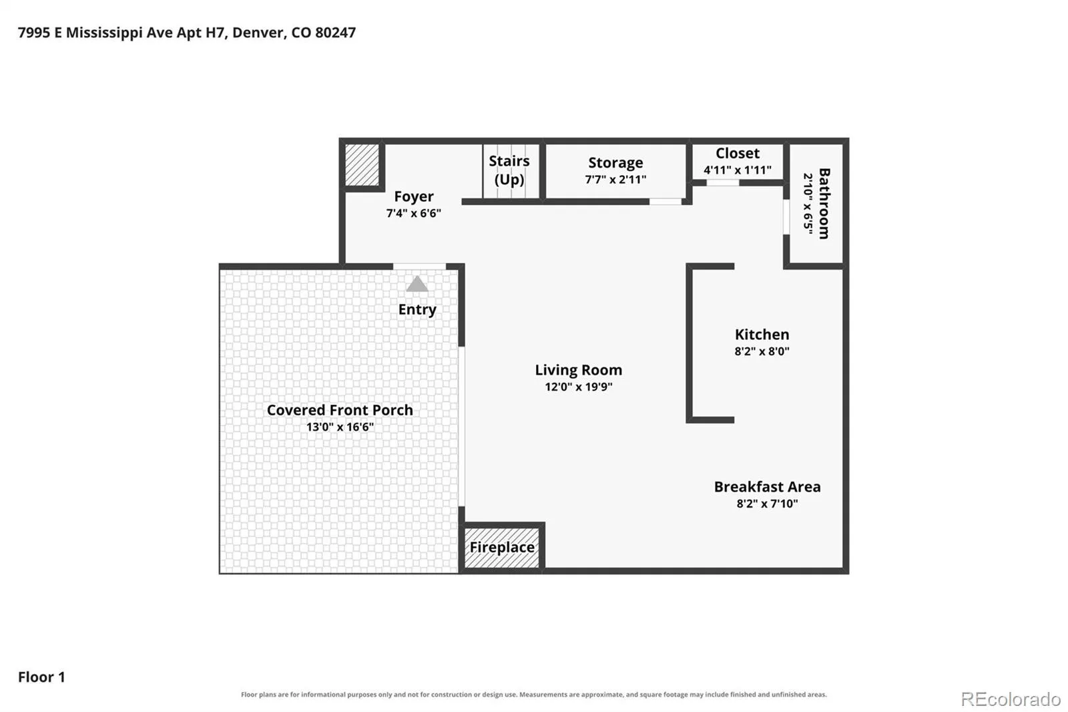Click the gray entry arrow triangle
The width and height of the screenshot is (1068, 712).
417,285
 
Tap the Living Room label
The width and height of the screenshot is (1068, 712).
578,370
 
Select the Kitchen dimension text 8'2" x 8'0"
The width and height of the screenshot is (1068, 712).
762,352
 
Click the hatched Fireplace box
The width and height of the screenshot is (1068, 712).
502,548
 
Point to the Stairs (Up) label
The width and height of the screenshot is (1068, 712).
509,170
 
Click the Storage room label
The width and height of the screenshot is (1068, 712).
615,163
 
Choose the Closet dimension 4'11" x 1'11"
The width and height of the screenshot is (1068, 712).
737,170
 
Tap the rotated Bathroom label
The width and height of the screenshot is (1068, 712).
824,203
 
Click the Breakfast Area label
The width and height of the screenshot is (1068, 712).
767,487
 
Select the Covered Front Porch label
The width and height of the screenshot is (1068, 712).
340,410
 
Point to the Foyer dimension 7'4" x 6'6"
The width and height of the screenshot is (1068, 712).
413,213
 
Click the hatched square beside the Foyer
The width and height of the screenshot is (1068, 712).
362,164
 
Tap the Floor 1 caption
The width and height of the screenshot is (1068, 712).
41,677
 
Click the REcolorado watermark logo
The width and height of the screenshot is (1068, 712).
1011,699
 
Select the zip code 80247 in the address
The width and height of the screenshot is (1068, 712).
335,33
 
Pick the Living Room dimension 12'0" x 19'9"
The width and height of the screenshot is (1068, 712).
578,387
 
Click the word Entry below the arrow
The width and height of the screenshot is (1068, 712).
417,310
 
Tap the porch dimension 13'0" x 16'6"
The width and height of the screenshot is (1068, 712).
340,427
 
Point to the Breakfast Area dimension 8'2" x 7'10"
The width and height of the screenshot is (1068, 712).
767,504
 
